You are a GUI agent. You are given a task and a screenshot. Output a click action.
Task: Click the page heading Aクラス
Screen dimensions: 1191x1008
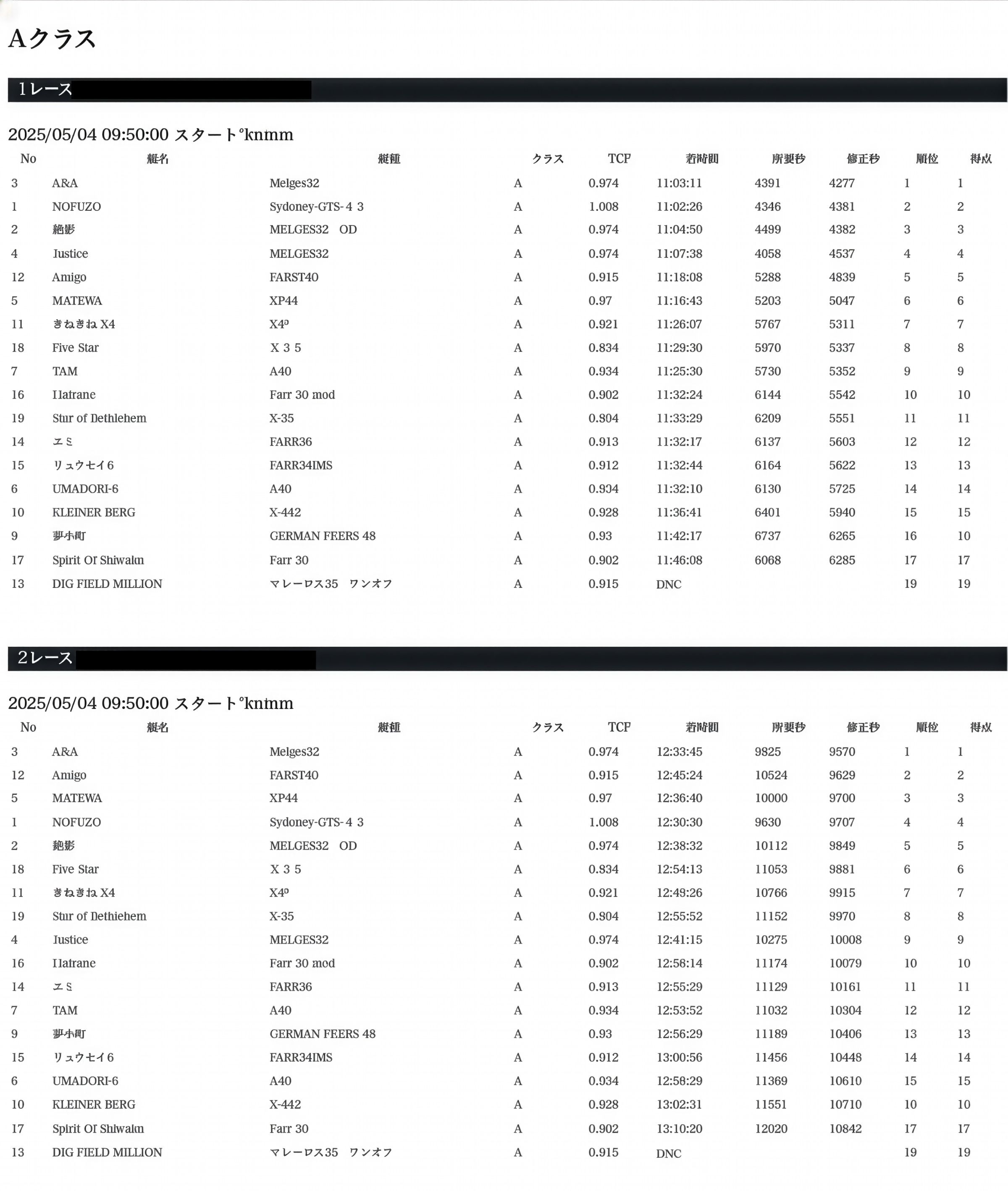pos(52,39)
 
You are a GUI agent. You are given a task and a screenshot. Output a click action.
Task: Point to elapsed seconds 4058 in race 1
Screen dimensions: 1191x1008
pos(767,254)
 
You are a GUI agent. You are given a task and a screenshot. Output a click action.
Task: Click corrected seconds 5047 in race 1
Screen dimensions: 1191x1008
pos(842,300)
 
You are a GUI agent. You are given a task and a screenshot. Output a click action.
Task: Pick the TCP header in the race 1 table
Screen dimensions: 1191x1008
pos(619,158)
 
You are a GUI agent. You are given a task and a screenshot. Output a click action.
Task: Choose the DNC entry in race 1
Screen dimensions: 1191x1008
pos(669,584)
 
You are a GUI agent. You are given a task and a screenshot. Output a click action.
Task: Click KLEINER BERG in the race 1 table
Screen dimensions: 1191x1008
pos(94,512)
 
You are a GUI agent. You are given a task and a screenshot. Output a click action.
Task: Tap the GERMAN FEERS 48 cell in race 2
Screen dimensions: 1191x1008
pos(322,1034)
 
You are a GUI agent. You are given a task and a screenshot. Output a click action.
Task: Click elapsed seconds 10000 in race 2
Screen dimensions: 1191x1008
pos(771,798)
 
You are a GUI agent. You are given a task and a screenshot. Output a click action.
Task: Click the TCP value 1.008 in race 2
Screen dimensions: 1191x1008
pos(604,822)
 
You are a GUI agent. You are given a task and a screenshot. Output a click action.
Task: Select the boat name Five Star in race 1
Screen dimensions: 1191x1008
pos(76,347)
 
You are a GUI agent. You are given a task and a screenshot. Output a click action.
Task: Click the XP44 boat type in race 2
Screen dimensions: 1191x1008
pos(283,798)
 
